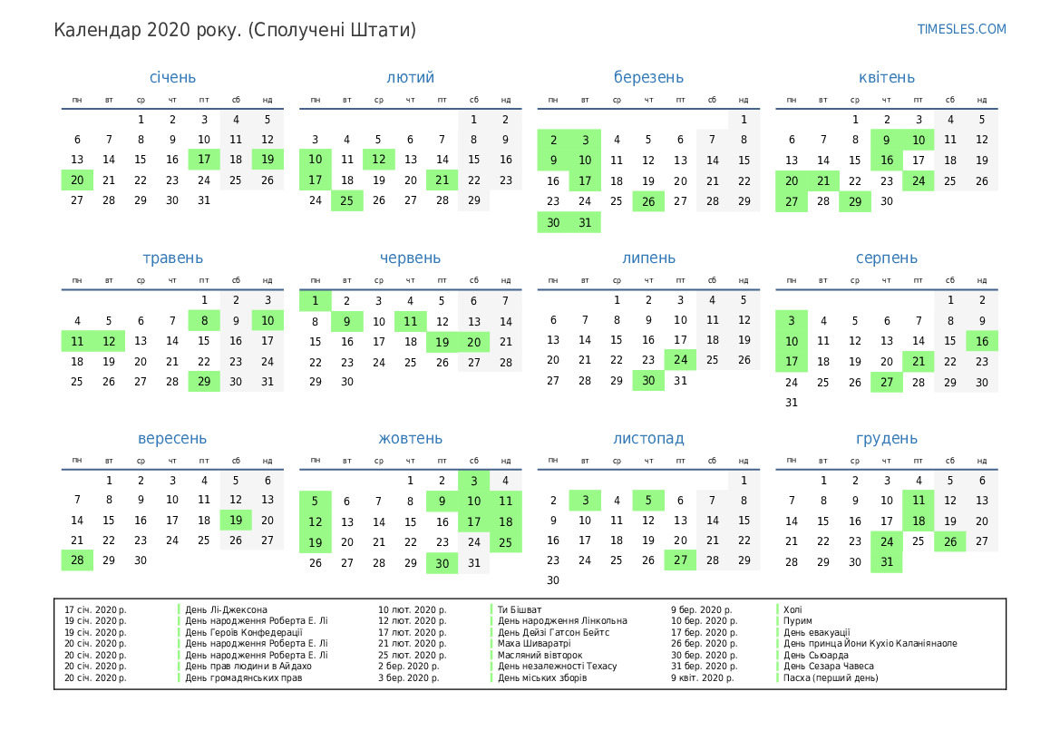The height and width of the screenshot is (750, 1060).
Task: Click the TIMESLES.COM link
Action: pyautogui.click(x=961, y=29)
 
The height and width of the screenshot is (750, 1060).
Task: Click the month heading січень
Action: pyautogui.click(x=172, y=77)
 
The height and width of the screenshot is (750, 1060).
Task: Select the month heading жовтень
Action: pyautogui.click(x=411, y=439)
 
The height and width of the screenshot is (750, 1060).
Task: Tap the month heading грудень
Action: pyautogui.click(x=887, y=439)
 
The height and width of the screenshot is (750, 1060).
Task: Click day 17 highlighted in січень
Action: pyautogui.click(x=204, y=160)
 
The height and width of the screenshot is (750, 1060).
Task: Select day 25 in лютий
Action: pyautogui.click(x=346, y=200)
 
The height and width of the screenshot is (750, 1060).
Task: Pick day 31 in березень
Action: pyautogui.click(x=585, y=222)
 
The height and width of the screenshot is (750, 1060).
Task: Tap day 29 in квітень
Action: pyautogui.click(x=855, y=200)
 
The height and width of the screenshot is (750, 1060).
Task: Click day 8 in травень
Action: pyautogui.click(x=204, y=320)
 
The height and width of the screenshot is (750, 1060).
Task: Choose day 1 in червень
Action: pyautogui.click(x=315, y=300)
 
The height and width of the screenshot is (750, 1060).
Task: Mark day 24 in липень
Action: pyautogui.click(x=680, y=360)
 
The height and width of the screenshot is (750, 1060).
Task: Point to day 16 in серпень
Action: pyautogui.click(x=982, y=341)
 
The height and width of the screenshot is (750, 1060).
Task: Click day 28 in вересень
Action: pyautogui.click(x=77, y=560)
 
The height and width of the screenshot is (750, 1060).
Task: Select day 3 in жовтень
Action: pyautogui.click(x=473, y=481)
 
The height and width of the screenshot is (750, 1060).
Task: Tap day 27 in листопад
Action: pyautogui.click(x=680, y=560)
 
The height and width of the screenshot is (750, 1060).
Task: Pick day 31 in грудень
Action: pyautogui.click(x=887, y=562)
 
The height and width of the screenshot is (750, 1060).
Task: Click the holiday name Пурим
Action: pyautogui.click(x=798, y=621)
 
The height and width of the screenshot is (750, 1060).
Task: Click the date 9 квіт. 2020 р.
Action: pyautogui.click(x=703, y=677)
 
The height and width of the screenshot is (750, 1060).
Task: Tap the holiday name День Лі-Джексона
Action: pyautogui.click(x=226, y=609)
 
